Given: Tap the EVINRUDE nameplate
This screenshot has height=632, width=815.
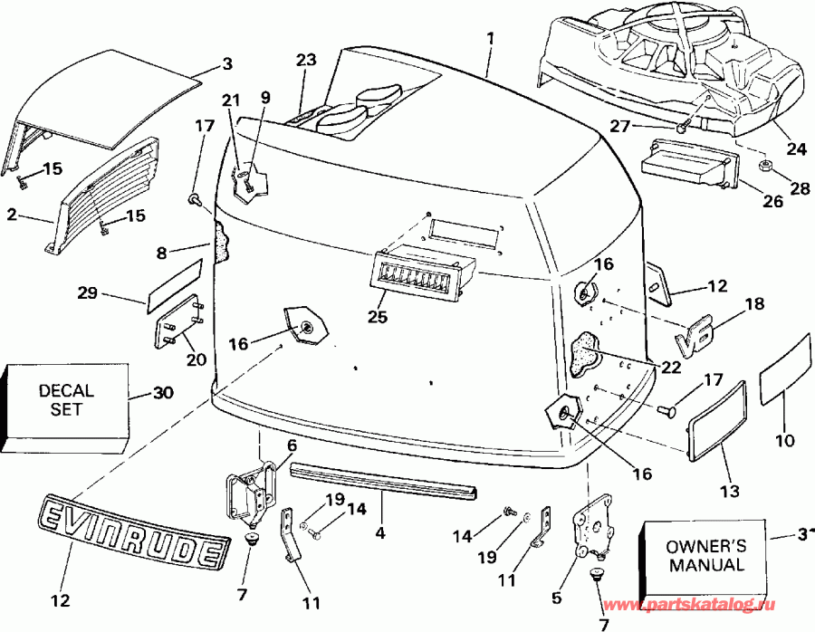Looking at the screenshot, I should (x=132, y=534).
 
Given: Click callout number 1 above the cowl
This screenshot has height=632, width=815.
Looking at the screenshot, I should (x=490, y=40).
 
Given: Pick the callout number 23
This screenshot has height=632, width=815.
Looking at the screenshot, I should (x=306, y=61).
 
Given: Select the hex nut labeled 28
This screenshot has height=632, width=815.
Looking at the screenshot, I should (x=763, y=166).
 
